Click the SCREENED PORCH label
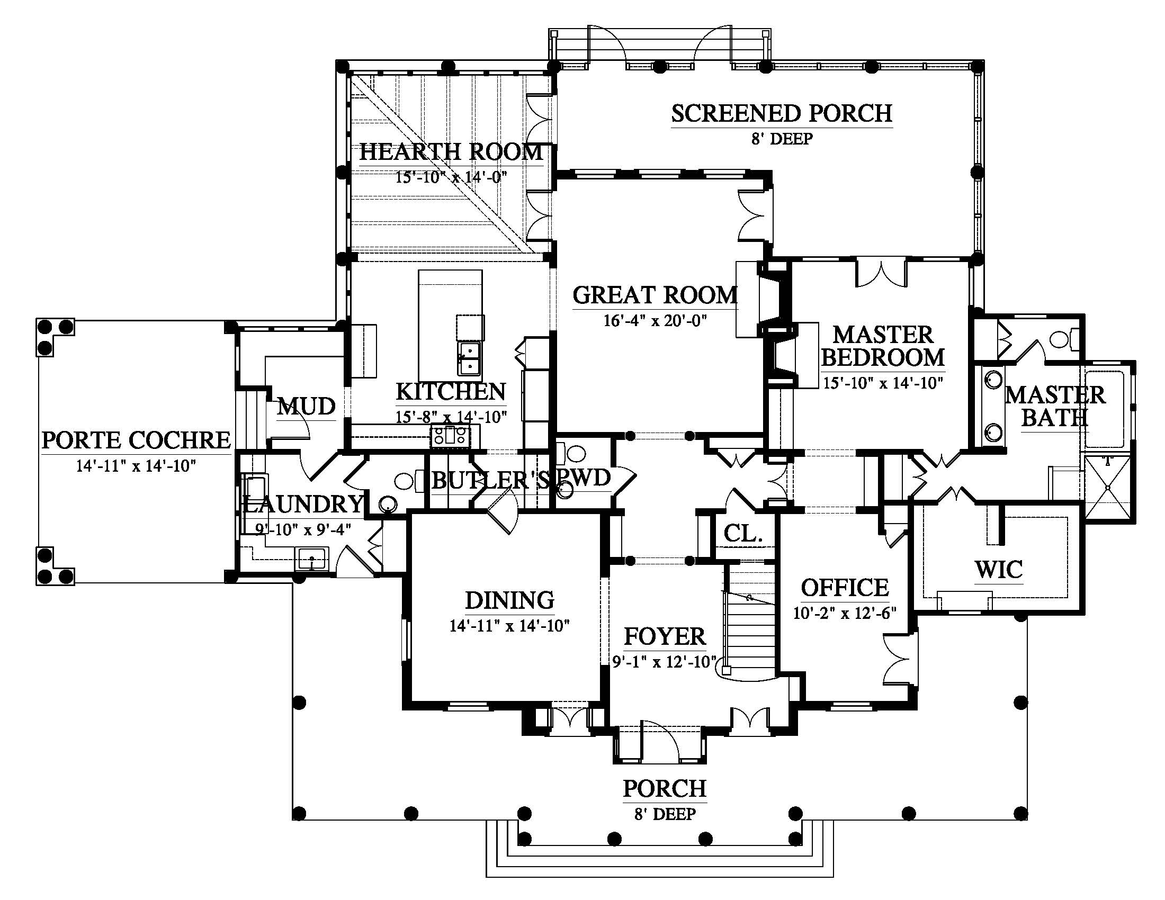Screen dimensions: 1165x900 point(782,114)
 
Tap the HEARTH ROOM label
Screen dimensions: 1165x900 point(451,152)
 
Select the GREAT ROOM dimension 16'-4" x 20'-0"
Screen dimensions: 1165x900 point(655,320)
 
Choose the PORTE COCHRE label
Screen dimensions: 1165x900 point(136,440)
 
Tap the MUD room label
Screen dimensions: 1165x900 point(306,407)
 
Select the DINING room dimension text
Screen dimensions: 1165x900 point(509,625)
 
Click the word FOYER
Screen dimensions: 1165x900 point(665,636)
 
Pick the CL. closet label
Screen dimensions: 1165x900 point(742,533)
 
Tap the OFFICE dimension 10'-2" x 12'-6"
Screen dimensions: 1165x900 point(845,613)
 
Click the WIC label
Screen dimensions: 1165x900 point(999,570)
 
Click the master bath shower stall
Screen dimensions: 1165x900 point(1107,487)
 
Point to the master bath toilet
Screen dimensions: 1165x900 point(1063,340)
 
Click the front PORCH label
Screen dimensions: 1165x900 point(665,789)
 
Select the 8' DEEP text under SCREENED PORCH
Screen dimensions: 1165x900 point(782,139)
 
